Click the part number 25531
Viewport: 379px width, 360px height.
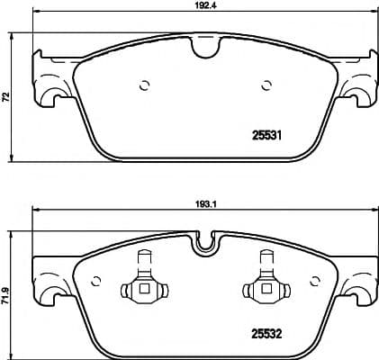coord(266,138)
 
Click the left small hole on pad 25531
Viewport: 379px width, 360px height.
coord(143,85)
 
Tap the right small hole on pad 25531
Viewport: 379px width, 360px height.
coord(266,85)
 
